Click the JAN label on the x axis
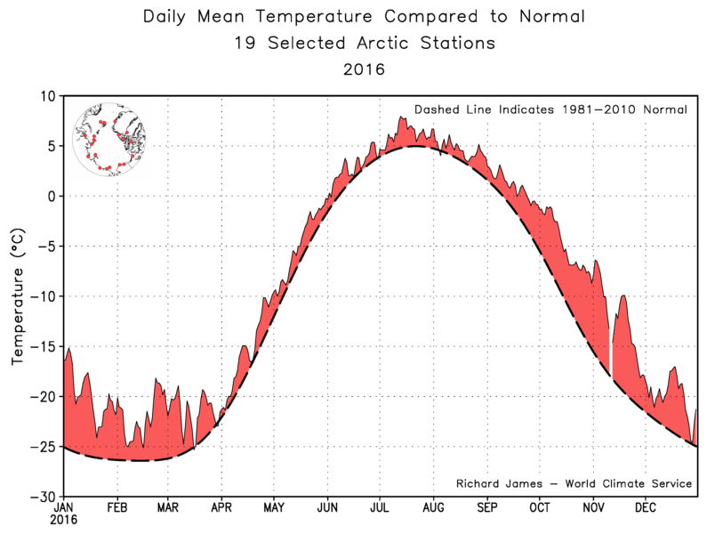(64, 508)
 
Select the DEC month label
(646, 508)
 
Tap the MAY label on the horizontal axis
(274, 508)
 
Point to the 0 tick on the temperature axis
(52, 196)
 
